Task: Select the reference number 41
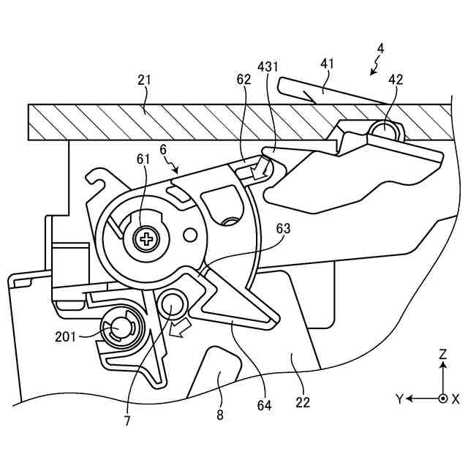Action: pos(326,64)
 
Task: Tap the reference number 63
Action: pos(282,229)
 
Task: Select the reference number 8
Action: pos(220,415)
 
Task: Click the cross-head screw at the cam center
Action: pos(148,238)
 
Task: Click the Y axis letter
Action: pos(399,399)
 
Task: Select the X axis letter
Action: pos(456,399)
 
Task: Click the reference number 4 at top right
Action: pos(380,49)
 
